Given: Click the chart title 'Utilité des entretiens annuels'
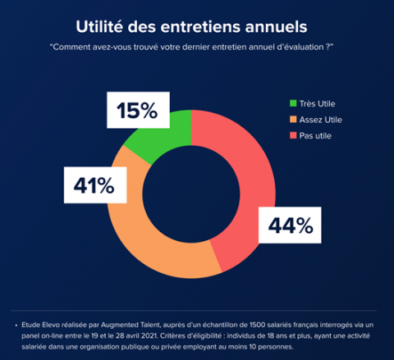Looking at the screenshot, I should click(x=196, y=26).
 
